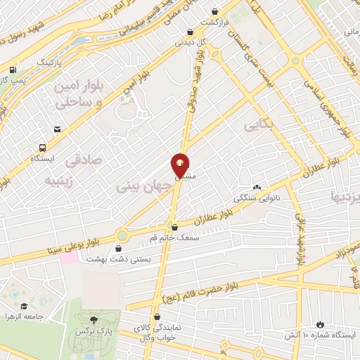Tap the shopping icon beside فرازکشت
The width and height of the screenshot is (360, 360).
click(214, 12)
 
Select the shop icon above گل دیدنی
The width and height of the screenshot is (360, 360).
click(191, 32)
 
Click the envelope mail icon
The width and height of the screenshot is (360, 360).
click(56, 129)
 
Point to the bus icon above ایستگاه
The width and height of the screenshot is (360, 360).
click(43, 148)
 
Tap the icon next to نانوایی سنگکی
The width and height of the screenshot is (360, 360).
click(257, 187)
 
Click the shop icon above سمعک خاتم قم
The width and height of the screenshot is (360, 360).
click(174, 227)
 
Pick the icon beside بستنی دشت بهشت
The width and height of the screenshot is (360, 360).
click(117, 247)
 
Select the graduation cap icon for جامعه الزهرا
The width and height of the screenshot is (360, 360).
click(25, 306)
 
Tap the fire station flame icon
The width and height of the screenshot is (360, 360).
click(321, 324)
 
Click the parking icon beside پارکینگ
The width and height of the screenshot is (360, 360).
click(12, 70)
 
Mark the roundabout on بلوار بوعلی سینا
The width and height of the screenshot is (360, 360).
click(122, 235)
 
